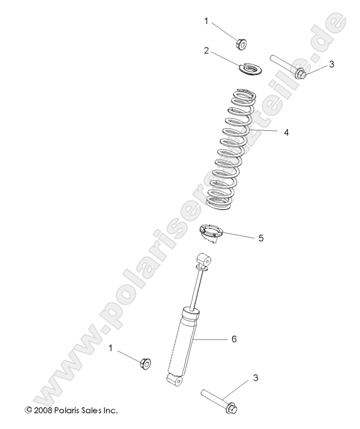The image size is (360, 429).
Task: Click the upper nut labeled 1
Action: (x=243, y=43)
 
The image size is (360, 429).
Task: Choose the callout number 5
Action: (x=261, y=238)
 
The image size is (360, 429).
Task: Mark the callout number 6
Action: (x=234, y=340)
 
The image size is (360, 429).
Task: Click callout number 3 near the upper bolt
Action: (x=317, y=64)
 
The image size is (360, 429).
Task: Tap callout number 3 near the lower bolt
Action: (x=256, y=377)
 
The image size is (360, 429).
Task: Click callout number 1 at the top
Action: (x=207, y=21)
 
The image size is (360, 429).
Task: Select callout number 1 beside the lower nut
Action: (x=111, y=348)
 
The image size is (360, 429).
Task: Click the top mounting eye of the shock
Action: (x=204, y=260)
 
